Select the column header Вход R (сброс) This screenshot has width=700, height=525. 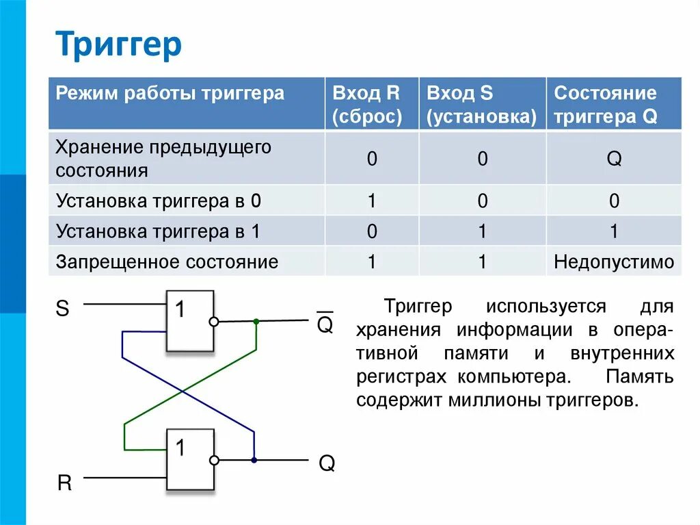366,104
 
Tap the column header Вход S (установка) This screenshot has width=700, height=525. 481,104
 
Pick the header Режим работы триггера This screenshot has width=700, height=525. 170,93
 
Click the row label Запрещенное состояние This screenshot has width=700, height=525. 167,261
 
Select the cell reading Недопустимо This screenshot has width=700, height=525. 614,261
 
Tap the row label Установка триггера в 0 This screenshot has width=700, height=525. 159,201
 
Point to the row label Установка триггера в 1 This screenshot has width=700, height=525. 159,231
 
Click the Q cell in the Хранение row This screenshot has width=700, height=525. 614,159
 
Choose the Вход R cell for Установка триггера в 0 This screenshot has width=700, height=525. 372,201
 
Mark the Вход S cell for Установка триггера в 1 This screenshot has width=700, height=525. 482,231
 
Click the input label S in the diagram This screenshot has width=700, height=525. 62,309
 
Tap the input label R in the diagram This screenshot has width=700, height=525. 64,483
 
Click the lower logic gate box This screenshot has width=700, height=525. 189,459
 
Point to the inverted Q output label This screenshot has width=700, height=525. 325,324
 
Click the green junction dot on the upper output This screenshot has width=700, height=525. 256,321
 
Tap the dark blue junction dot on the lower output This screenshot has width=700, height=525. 254,460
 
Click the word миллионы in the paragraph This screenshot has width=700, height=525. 493,400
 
